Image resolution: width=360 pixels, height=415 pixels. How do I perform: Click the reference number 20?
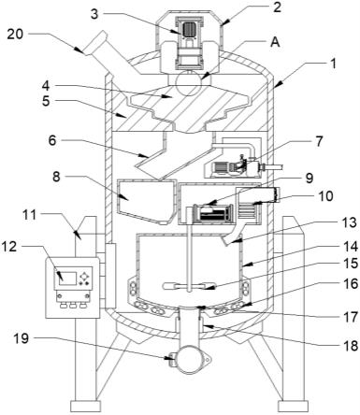coord(15,34)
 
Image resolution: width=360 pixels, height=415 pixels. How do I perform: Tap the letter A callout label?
coord(275,42)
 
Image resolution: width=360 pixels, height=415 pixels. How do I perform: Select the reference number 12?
coord(10,247)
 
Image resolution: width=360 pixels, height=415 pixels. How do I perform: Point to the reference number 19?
coord(22,338)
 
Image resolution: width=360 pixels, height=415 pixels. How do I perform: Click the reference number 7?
coord(319,141)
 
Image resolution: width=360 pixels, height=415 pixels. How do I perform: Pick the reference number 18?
coord(350,345)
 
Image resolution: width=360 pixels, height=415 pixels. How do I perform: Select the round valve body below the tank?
coord(189,359)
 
